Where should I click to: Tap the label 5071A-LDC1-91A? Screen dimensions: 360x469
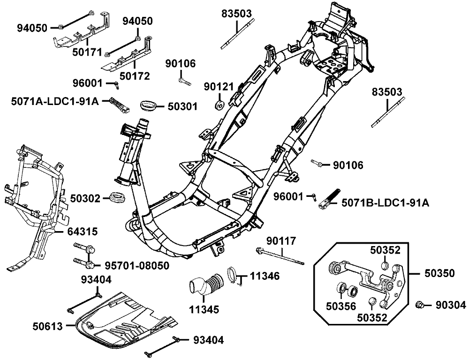coord(55,101)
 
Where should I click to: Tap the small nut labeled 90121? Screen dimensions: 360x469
coord(219,103)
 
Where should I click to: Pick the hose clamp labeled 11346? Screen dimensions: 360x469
coord(234,275)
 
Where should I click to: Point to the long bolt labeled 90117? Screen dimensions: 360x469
coord(280,255)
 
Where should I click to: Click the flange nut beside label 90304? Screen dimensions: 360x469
coord(420,306)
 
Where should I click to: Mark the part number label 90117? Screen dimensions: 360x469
coord(281,240)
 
